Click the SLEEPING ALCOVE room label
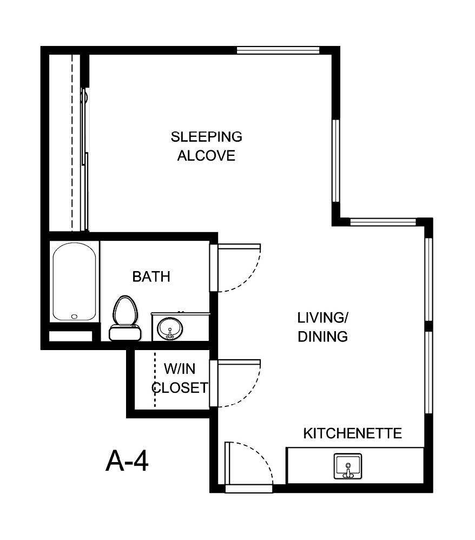click(x=207, y=146)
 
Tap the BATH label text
click(x=151, y=277)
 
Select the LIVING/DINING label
click(x=322, y=326)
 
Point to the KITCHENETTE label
click(x=352, y=433)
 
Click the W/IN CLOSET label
click(x=180, y=378)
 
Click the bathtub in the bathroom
click(x=75, y=281)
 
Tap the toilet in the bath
click(x=124, y=313)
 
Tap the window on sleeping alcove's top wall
click(x=279, y=50)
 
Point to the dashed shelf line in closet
click(x=155, y=379)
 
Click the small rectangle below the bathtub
click(x=71, y=336)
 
